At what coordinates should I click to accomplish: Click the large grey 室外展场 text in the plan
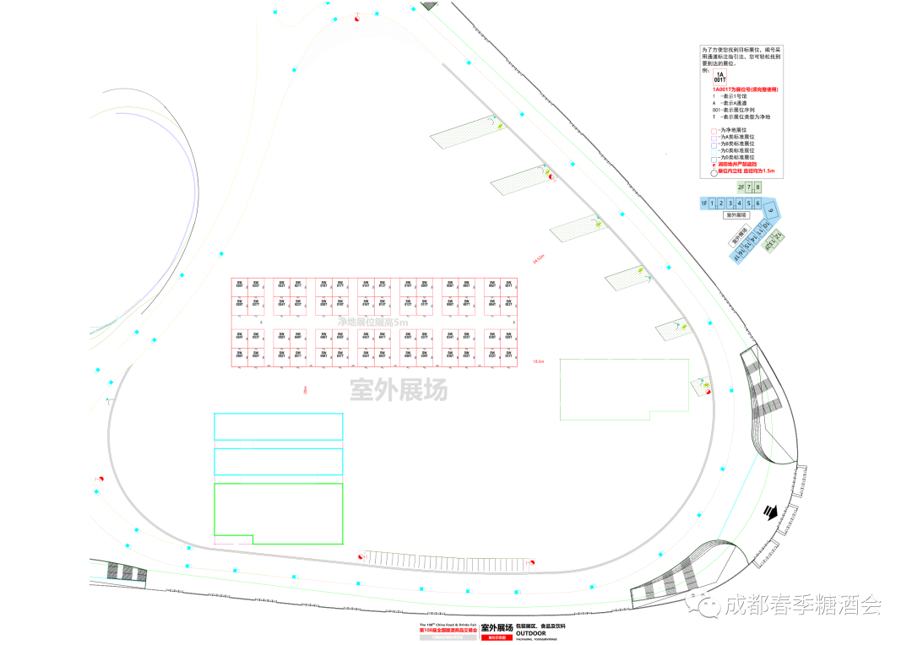tap(399, 390)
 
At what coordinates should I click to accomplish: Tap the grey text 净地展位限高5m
tap(372, 322)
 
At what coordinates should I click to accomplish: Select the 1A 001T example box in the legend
tap(719, 77)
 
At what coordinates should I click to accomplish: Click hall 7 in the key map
tap(748, 187)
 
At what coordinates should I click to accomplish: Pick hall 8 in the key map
tap(757, 187)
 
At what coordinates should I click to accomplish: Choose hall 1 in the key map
tap(712, 203)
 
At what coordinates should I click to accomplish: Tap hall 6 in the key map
tap(757, 203)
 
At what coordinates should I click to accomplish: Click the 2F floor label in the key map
tap(740, 187)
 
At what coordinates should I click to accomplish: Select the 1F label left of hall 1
tap(703, 203)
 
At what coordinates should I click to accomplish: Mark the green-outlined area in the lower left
tap(278, 512)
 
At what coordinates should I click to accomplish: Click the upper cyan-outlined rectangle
tap(278, 426)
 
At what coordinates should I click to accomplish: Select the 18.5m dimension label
tap(537, 361)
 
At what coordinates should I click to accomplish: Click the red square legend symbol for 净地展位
tap(714, 131)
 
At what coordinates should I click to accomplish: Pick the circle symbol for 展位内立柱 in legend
tap(714, 171)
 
